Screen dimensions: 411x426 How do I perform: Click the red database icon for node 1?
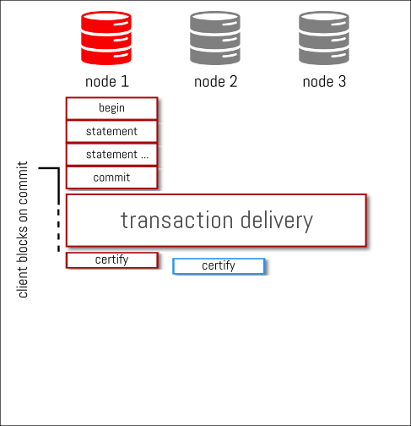[106, 38]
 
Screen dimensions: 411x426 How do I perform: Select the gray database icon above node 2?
[215, 38]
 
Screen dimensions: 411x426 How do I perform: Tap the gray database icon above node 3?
[324, 38]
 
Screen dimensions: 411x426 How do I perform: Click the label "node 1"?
[107, 82]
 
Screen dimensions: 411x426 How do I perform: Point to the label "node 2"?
[216, 82]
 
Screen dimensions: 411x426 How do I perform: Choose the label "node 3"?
[324, 82]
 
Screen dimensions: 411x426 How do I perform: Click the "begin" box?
[111, 108]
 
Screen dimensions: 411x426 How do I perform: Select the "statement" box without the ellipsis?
[111, 132]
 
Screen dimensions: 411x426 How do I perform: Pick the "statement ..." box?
[111, 155]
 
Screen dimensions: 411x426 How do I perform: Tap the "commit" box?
[111, 177]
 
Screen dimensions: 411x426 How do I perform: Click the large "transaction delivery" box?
[216, 221]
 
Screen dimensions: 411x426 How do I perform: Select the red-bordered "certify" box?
[112, 260]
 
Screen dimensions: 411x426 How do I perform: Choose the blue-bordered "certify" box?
[219, 266]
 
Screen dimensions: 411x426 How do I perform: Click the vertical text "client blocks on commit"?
[23, 229]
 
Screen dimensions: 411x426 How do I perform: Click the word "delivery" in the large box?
[277, 221]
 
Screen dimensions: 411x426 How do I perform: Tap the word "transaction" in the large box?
[176, 220]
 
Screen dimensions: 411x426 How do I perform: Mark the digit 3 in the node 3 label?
[342, 81]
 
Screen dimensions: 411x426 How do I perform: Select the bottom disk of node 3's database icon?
[324, 56]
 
